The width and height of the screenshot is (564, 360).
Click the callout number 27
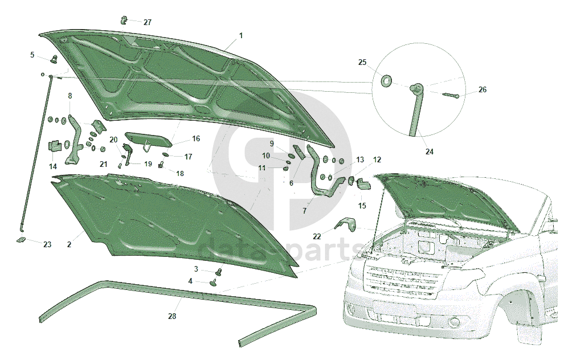coord(148,22)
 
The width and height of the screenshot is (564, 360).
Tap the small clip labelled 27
coord(124,21)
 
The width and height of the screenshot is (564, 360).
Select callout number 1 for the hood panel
coord(241,35)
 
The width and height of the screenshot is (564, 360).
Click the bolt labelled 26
coord(449,95)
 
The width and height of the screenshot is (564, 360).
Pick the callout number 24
coord(429,152)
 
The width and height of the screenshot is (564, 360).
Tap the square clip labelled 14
coord(55,146)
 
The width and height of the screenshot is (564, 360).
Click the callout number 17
coord(188,157)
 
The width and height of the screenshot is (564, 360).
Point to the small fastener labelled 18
coord(161,166)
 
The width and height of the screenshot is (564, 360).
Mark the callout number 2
coord(69,244)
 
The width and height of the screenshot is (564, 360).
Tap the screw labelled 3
coord(219,272)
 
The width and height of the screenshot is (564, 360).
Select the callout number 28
coord(172,316)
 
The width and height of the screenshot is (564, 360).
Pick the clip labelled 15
coord(363,184)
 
